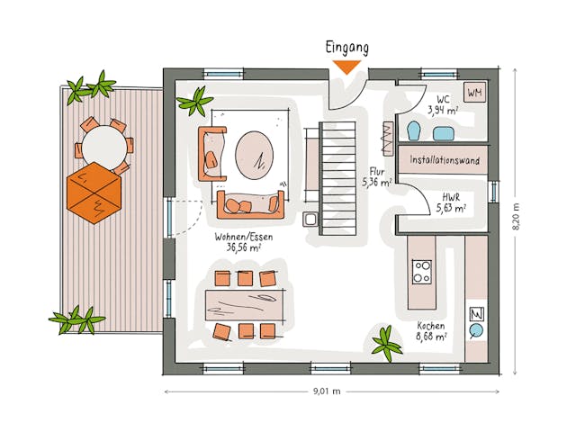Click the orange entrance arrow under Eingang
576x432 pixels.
point(346,66)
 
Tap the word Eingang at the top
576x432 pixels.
point(346,48)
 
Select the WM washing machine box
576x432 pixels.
point(474,91)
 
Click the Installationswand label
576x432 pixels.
point(444,160)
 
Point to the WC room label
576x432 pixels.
point(443,104)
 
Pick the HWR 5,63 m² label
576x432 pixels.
point(451,202)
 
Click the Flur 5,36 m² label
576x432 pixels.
point(376,176)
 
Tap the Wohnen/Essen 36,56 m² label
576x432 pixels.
point(238,241)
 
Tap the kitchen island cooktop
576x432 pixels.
point(421,271)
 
